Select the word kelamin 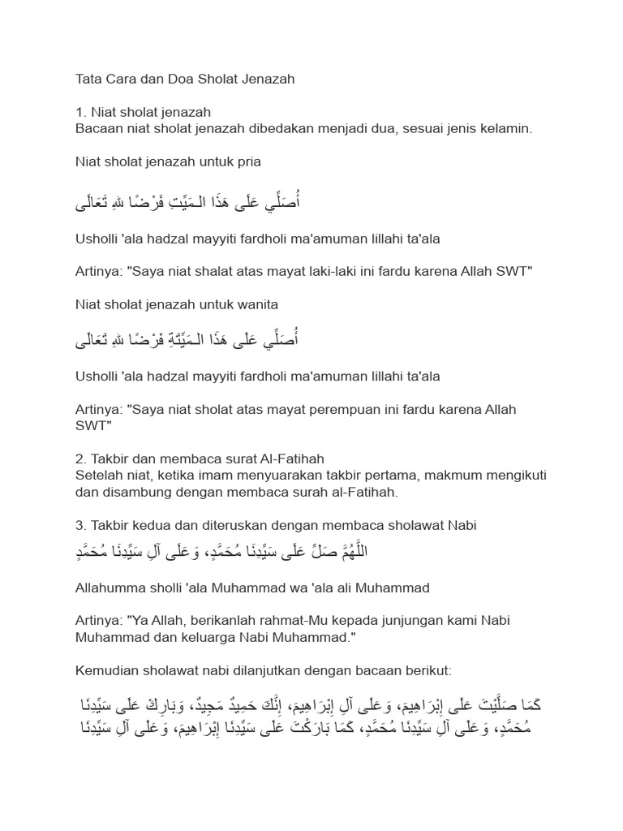click(x=507, y=128)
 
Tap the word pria click(x=247, y=161)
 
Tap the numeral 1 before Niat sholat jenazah click(x=79, y=113)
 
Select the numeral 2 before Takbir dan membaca click(x=79, y=459)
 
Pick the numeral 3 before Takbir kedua click(x=79, y=525)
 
